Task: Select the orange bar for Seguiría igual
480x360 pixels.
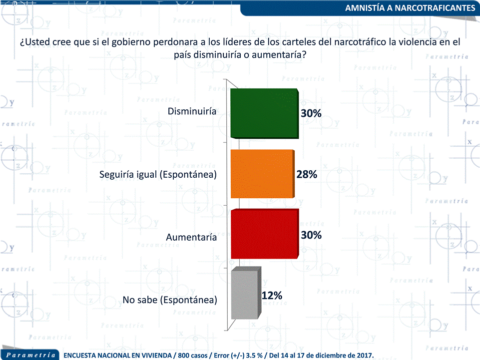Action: coord(261,174)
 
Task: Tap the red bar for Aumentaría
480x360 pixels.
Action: coord(264,235)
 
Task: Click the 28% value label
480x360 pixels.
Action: coord(306,175)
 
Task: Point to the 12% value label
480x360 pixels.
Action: coord(272,296)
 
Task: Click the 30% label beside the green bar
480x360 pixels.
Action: coord(311,114)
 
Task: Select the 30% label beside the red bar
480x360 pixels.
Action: coord(311,235)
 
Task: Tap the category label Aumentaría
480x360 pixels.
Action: coord(191,237)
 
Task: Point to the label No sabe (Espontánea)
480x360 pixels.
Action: coord(170,300)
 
